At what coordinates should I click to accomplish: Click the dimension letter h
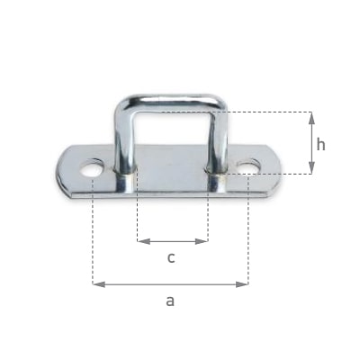[x=320, y=145]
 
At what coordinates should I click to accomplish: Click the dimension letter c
[x=171, y=257]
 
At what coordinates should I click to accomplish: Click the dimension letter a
[x=170, y=301]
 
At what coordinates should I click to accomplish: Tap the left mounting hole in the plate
[x=92, y=168]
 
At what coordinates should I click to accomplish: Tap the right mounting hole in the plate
[x=248, y=166]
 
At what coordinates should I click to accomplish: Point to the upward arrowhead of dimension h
[x=311, y=119]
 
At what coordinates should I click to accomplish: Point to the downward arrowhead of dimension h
[x=311, y=167]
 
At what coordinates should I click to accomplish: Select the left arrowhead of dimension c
[x=144, y=241]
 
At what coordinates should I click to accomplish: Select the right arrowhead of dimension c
[x=202, y=241]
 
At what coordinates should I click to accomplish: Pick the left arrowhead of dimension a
[x=99, y=284]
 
